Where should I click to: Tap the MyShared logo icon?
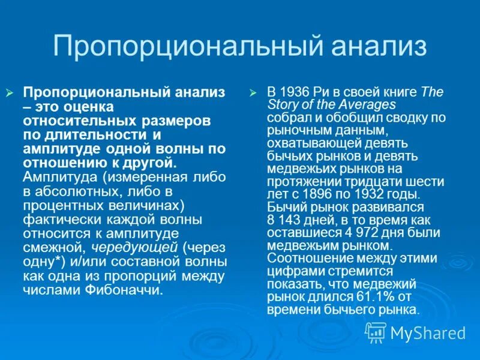[x=376, y=332]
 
